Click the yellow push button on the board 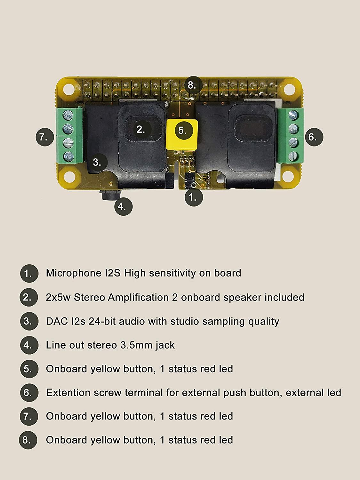pyautogui.click(x=182, y=134)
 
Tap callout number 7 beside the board pyautogui.click(x=45, y=137)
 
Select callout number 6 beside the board pyautogui.click(x=314, y=137)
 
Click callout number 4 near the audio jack pyautogui.click(x=124, y=206)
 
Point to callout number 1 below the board pyautogui.click(x=194, y=197)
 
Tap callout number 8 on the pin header pyautogui.click(x=192, y=85)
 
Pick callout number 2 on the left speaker pyautogui.click(x=142, y=130)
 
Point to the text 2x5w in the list pyautogui.click(x=58, y=297)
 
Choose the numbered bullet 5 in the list pyautogui.click(x=29, y=369)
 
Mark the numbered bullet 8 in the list pyautogui.click(x=28, y=440)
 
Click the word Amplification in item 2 pyautogui.click(x=138, y=298)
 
